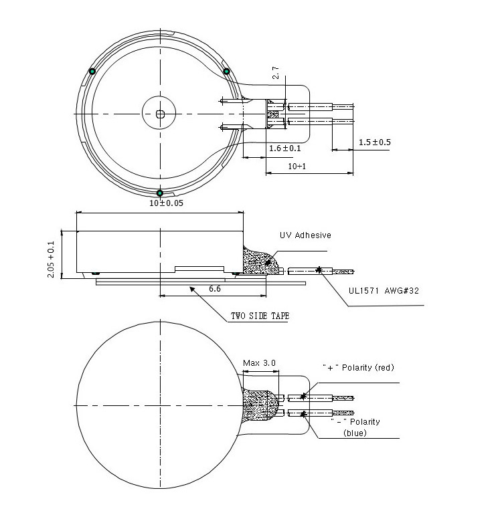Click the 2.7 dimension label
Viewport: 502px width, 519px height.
click(x=275, y=73)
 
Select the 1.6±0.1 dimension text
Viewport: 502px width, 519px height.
click(x=284, y=148)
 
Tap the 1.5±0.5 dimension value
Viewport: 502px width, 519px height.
click(x=374, y=142)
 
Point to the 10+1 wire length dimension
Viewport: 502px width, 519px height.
click(x=297, y=166)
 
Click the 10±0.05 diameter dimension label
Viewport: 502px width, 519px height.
click(x=166, y=203)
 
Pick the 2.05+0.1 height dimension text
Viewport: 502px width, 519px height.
click(x=51, y=259)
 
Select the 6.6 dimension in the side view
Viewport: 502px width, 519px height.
click(x=215, y=289)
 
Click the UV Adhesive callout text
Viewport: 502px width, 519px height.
click(x=305, y=235)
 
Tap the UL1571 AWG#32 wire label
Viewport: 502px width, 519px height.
click(x=384, y=291)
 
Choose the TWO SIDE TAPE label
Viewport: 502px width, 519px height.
click(x=260, y=316)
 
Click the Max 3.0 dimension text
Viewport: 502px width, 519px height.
click(x=259, y=362)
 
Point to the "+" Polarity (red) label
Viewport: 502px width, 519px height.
click(x=358, y=367)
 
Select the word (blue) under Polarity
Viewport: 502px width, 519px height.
click(x=355, y=433)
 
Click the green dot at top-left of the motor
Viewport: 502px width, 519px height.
click(x=92, y=71)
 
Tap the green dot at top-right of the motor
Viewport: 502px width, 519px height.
click(x=227, y=71)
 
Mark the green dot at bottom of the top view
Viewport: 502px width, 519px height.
click(x=160, y=193)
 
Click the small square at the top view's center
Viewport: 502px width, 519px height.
click(x=161, y=114)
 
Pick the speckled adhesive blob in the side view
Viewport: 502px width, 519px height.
click(x=260, y=262)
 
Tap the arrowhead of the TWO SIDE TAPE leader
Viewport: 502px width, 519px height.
click(x=192, y=290)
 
